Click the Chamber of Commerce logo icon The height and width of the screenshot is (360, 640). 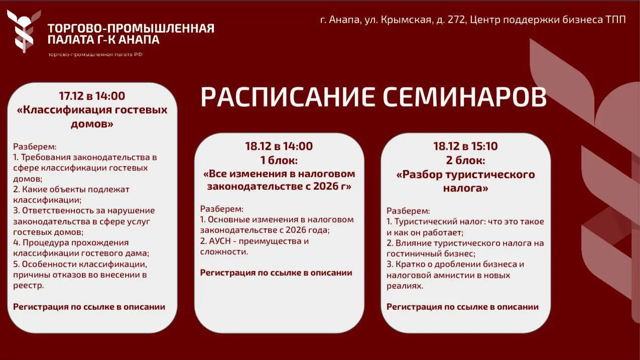(x=21, y=31)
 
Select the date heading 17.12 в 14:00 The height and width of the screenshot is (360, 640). (x=92, y=96)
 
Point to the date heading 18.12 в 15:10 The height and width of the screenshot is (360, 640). (x=465, y=146)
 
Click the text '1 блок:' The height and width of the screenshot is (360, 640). (x=279, y=160)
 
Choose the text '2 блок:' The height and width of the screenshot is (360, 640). (x=465, y=160)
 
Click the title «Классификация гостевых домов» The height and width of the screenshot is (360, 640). (x=92, y=116)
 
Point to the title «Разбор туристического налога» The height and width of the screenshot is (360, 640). (x=465, y=181)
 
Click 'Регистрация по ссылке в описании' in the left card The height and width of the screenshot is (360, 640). (x=89, y=307)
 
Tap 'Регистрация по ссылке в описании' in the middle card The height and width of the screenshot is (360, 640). (x=276, y=273)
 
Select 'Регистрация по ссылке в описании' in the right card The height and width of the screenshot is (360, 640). (x=462, y=307)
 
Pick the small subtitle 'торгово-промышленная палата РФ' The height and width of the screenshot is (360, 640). (x=95, y=54)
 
